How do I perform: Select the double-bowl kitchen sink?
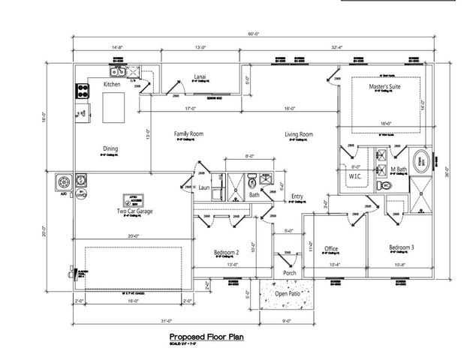tap(118, 72)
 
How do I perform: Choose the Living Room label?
tap(298, 135)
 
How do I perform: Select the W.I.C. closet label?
tap(354, 176)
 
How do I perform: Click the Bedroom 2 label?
tap(226, 252)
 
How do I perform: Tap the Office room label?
tap(330, 249)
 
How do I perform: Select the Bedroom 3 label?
tap(402, 247)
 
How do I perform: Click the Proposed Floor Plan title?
tap(205, 337)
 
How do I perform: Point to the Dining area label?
tap(110, 148)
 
